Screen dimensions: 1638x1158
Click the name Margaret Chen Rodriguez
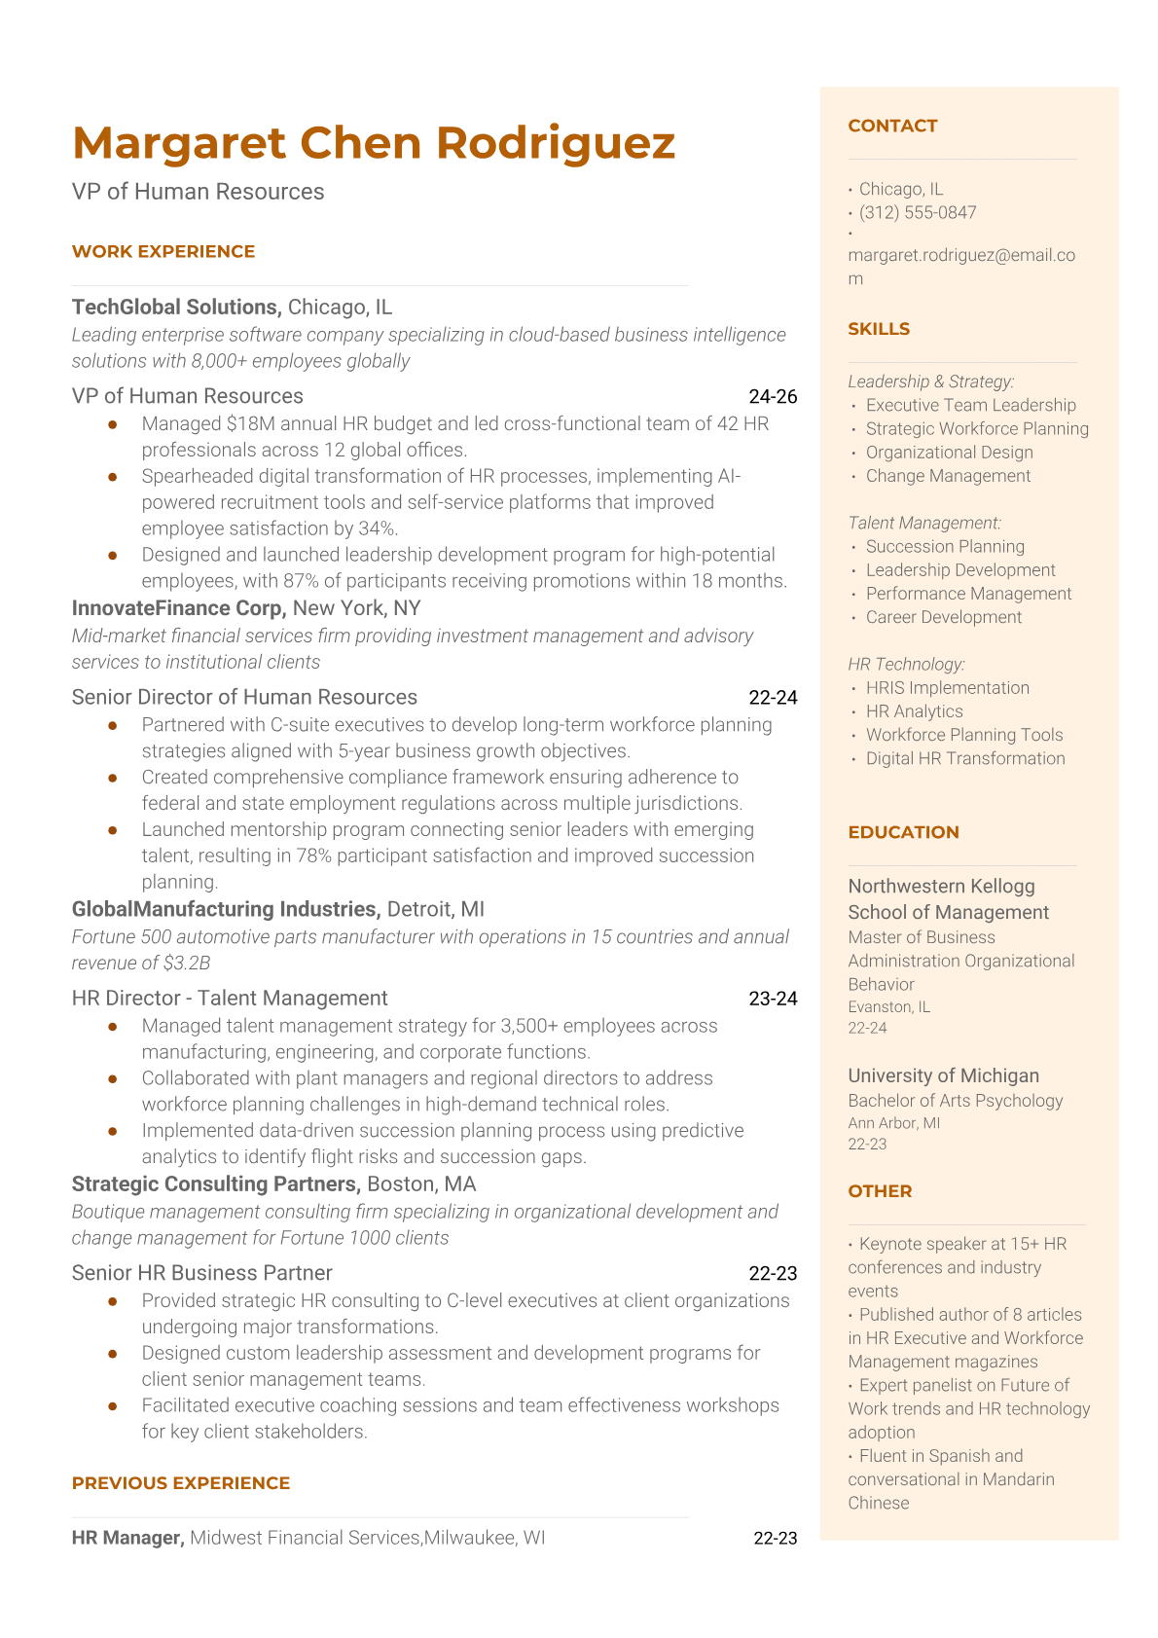pos(373,143)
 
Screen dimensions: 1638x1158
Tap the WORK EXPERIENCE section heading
pos(163,251)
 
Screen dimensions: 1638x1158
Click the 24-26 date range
pos(773,396)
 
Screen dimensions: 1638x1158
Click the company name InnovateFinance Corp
pos(178,608)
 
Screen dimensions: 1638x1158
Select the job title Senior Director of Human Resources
pos(244,697)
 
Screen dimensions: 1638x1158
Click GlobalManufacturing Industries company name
pos(225,909)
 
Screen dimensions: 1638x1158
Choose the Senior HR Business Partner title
pos(201,1273)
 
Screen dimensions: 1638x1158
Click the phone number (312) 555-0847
pos(918,213)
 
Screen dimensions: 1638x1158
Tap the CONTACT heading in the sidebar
pos(892,126)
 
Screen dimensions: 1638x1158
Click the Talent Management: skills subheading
pos(924,524)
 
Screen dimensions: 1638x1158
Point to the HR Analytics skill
pos(914,711)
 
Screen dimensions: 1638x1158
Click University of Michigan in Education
pos(943,1075)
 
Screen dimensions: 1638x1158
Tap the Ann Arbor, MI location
pos(893,1123)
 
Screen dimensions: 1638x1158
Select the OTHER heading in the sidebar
pos(880,1191)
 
